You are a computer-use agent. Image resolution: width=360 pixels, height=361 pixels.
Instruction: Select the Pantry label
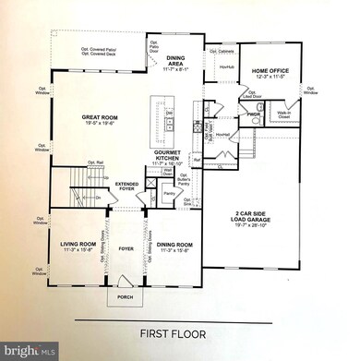pos(169,193)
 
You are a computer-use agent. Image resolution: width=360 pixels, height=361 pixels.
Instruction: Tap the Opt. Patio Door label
pos(154,45)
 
